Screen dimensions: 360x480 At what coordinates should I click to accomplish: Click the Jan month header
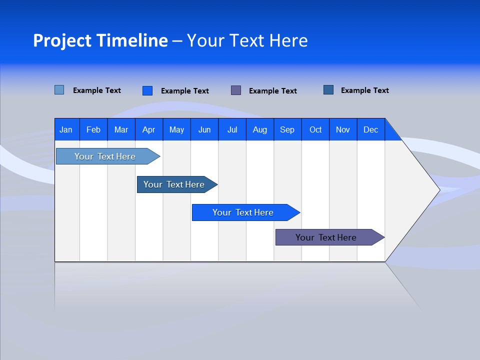pos(66,129)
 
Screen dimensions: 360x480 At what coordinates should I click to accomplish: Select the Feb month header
pos(93,129)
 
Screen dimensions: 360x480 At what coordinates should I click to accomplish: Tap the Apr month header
pos(148,129)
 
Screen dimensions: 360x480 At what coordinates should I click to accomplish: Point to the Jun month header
pos(204,129)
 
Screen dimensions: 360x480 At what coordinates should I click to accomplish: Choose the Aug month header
pos(259,129)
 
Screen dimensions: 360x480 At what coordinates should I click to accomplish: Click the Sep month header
pos(287,129)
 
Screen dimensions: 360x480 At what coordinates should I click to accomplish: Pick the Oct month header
pos(315,129)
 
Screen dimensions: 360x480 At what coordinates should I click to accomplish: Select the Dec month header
pos(370,129)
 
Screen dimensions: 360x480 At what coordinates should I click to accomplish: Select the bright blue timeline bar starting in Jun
pos(243,212)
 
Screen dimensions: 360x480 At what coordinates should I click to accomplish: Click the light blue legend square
pos(59,90)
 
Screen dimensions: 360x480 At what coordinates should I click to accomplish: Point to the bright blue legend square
pos(147,90)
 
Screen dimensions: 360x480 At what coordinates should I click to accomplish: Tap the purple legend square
pos(236,90)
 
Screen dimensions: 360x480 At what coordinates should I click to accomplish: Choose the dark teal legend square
pos(328,90)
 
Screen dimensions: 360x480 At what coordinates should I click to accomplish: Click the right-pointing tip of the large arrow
pos(437,189)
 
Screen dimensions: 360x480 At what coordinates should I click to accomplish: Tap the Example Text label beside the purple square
pos(272,91)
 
